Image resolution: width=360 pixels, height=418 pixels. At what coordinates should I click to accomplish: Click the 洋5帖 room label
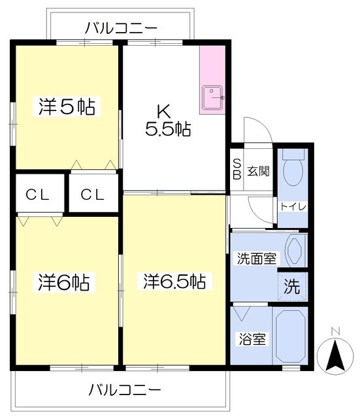(x=66, y=106)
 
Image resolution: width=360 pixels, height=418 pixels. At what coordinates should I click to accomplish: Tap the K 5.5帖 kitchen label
(x=167, y=120)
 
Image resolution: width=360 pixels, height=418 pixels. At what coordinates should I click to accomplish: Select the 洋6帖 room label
(x=63, y=282)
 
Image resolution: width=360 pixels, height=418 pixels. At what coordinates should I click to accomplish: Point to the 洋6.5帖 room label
(x=174, y=282)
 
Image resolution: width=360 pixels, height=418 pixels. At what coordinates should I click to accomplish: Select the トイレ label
(x=291, y=207)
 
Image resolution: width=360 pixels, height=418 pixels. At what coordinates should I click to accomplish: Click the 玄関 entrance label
(x=258, y=172)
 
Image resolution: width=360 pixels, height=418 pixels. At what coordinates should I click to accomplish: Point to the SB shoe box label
(x=237, y=170)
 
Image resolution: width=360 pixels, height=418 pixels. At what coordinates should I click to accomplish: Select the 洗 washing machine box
(x=291, y=285)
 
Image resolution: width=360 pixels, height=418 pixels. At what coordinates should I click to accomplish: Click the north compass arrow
(x=335, y=356)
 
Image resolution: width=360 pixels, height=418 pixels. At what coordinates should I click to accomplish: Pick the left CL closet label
(x=39, y=193)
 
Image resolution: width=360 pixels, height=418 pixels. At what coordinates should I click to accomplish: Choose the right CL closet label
(x=93, y=193)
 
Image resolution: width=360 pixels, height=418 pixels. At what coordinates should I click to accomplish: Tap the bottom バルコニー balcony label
(x=124, y=391)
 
